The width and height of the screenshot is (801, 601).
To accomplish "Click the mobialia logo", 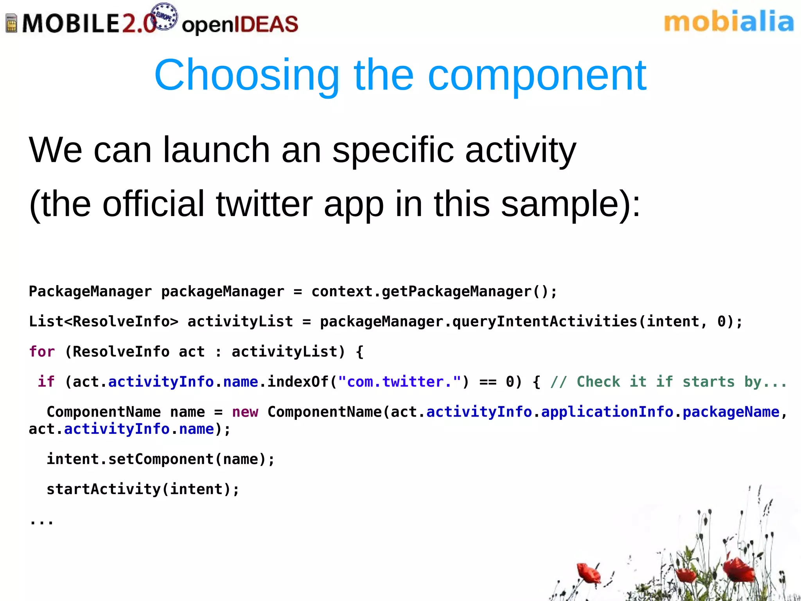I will click(729, 22).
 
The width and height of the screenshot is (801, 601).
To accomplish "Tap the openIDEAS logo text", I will click(240, 25).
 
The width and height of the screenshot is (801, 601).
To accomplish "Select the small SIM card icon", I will click(11, 23).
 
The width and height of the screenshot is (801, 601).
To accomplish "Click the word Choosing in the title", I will click(247, 75).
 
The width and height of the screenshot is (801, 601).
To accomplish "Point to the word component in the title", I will click(537, 75).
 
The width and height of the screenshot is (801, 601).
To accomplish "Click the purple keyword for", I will click(42, 352).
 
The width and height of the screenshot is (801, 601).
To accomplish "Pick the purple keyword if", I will click(46, 382).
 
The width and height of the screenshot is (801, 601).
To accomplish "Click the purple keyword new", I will click(245, 412).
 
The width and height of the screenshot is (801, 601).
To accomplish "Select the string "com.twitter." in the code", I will click(400, 382).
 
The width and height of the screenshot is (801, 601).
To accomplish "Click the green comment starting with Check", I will click(669, 382).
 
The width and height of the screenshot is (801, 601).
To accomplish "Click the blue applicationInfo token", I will click(607, 412).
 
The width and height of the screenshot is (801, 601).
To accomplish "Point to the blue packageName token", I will click(731, 412).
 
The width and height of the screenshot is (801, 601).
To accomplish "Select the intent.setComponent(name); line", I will click(161, 459).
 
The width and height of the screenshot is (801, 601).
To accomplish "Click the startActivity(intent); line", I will click(143, 489).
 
